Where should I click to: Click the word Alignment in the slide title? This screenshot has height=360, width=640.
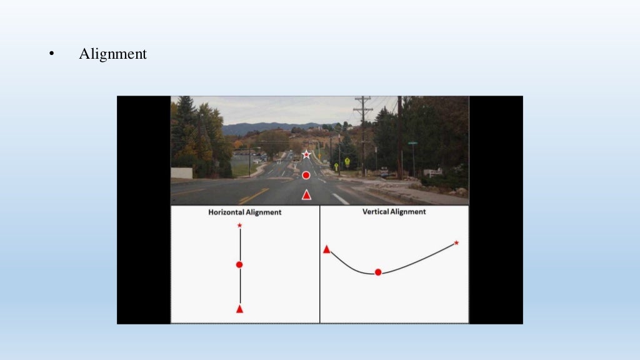112,54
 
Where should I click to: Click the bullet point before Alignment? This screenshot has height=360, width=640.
52,54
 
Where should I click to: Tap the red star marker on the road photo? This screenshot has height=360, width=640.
306,154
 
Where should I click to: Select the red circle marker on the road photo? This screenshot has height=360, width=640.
306,175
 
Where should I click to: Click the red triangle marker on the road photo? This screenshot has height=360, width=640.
306,195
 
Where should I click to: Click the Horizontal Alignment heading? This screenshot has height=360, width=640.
245,212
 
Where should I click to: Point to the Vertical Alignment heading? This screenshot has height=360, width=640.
394,212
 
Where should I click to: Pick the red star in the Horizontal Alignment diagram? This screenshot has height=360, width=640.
240,225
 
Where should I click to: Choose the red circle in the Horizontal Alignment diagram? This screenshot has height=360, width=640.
239,265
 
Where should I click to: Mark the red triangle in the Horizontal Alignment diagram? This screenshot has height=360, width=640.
239,309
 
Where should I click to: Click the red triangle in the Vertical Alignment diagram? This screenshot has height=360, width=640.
326,249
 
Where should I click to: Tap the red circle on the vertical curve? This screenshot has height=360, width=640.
378,272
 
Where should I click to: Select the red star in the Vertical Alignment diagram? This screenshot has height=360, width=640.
456,242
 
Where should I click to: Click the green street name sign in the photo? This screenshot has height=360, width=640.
412,143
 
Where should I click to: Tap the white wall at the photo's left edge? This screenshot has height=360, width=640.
181,173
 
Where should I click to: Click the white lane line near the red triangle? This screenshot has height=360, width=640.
340,199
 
